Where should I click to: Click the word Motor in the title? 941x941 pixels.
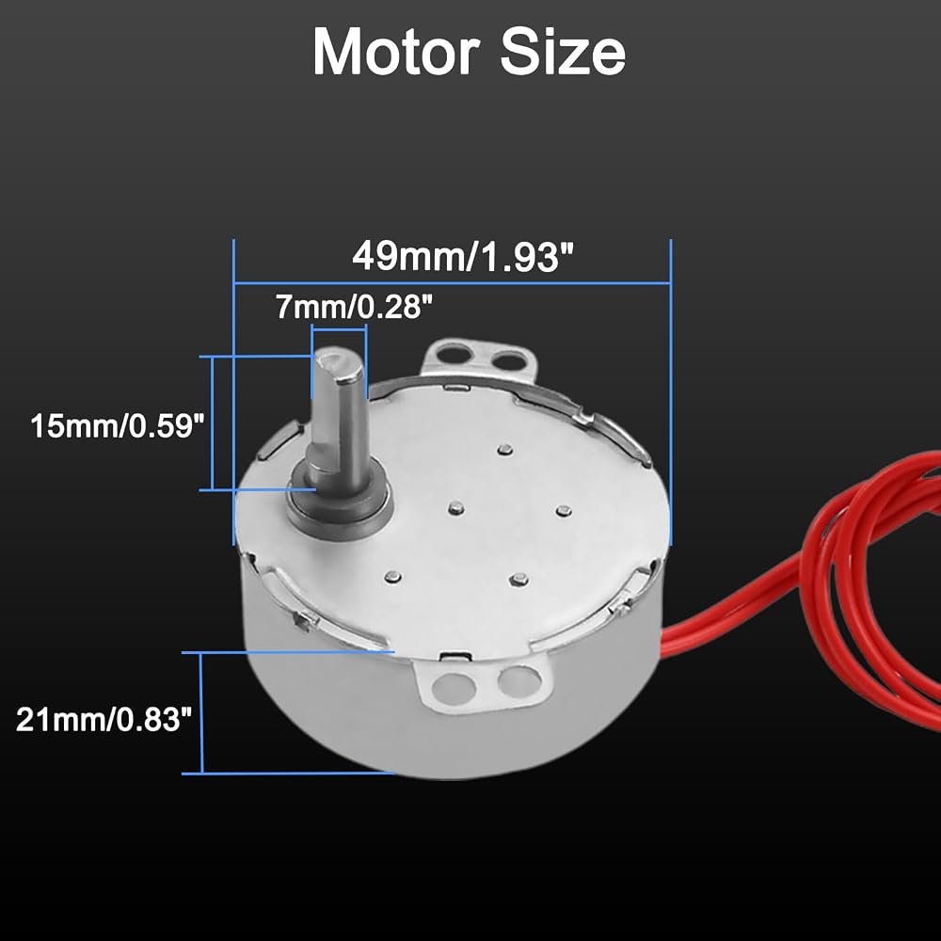pyautogui.click(x=396, y=52)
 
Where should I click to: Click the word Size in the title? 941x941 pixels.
pyautogui.click(x=563, y=52)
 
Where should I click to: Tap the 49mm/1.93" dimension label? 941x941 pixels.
pyautogui.click(x=463, y=257)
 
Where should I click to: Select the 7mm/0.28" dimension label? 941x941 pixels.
pyautogui.click(x=354, y=307)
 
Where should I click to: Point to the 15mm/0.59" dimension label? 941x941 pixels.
pyautogui.click(x=118, y=426)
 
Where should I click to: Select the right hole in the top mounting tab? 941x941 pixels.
pyautogui.click(x=508, y=360)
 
